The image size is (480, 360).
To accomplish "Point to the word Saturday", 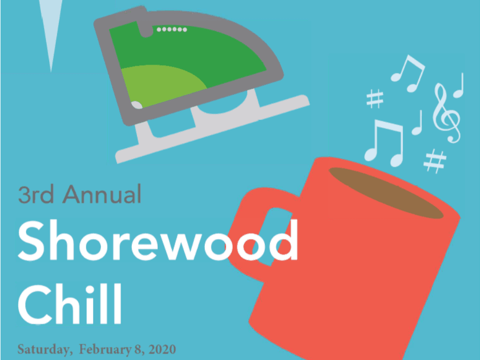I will pos(43,349).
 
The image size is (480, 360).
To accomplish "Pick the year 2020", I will pos(161,349).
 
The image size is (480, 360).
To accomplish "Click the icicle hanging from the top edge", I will pos(51,31).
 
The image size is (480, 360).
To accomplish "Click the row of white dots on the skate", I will pos(172,29).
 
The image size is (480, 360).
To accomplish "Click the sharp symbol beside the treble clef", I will pos(373,98).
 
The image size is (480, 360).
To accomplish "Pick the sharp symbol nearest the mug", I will pos(434,160).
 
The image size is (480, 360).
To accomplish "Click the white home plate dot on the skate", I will pos(137,105).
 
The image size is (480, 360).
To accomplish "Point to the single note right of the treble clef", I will pos(458,85).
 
